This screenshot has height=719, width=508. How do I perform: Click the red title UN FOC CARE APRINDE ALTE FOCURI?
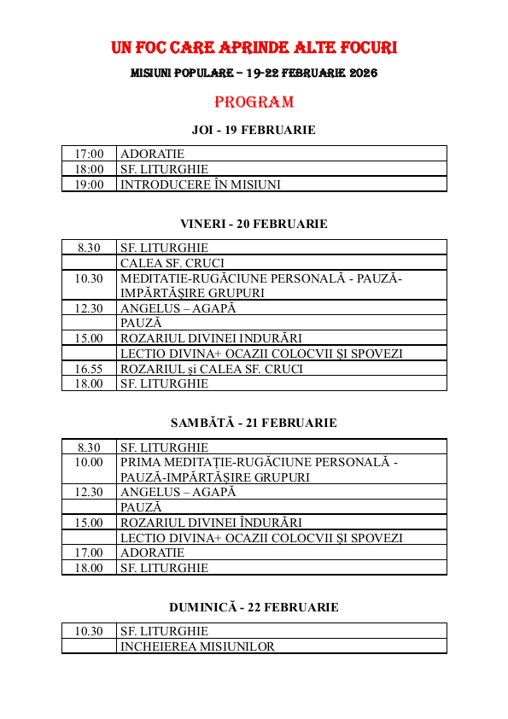tap(254, 46)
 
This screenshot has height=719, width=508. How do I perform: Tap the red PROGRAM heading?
tap(254, 102)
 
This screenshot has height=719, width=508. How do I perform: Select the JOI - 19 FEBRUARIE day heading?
tap(254, 130)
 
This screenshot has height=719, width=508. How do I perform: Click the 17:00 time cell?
tap(89, 154)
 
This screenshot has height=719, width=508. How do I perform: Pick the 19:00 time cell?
tap(89, 184)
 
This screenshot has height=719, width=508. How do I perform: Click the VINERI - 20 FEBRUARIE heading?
tap(254, 224)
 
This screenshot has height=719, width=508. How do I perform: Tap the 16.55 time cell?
tap(89, 369)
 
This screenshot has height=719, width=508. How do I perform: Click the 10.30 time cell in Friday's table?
tap(89, 278)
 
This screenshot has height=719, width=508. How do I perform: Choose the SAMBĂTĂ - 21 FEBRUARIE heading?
tap(254, 423)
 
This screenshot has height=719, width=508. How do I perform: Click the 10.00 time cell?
tap(89, 462)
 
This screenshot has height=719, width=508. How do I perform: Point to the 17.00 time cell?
tap(89, 552)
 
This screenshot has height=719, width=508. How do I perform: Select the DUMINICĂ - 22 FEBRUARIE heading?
tap(254, 607)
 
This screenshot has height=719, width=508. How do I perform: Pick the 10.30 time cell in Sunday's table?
tap(89, 631)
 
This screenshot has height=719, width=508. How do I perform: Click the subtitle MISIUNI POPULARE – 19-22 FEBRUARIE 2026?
tap(254, 73)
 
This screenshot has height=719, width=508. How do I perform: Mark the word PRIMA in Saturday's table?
tap(139, 462)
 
